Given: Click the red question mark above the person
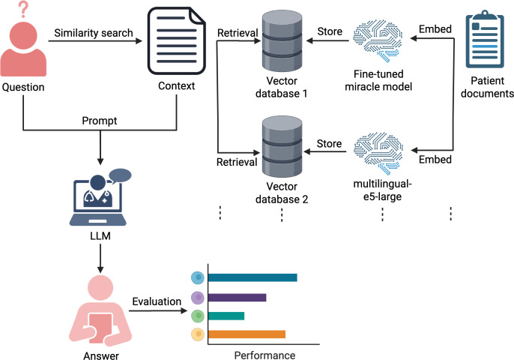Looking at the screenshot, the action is [23, 9].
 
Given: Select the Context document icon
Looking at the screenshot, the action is [176, 41].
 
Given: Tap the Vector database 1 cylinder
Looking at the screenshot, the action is [282, 41].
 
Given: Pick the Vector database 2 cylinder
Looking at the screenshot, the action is [282, 146].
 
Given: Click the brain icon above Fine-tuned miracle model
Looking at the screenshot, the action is [378, 40].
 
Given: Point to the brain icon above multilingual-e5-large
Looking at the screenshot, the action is [378, 153].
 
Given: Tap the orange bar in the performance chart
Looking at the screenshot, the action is [247, 334].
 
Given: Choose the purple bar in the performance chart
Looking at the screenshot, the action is [238, 298].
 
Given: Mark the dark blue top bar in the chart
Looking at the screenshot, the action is [253, 277].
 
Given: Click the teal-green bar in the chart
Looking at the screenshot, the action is [226, 316].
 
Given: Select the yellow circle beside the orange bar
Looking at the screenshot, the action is [198, 334].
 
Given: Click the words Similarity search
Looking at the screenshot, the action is [94, 33].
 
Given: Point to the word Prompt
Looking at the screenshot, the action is [100, 121].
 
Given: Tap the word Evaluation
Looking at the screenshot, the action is [157, 301].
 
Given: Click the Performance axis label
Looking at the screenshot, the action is [264, 355].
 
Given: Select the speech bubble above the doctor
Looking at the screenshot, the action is [120, 176].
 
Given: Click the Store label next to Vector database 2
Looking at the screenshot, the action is [329, 143].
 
